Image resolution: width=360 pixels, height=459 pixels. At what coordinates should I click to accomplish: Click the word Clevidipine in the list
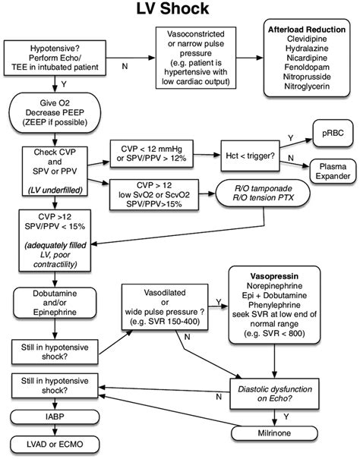point(309,42)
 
